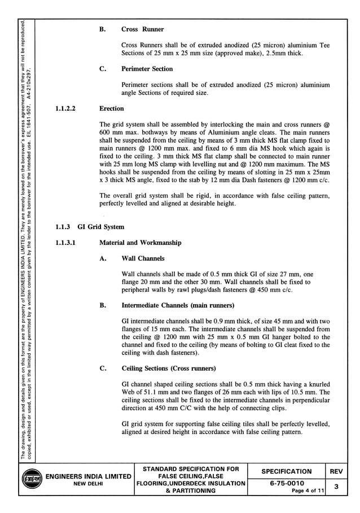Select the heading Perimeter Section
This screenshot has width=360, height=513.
pos(147,69)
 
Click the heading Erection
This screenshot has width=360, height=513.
pos(112,108)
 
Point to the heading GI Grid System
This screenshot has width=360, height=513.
pos(101,227)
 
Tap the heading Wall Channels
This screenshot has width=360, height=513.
pos(143,258)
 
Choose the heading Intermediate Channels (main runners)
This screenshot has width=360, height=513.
pos(178,305)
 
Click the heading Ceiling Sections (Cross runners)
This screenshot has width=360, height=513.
pos(169,369)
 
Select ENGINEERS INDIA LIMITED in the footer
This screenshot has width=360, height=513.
pos(88,477)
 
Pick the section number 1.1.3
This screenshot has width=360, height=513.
pos(63,227)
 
